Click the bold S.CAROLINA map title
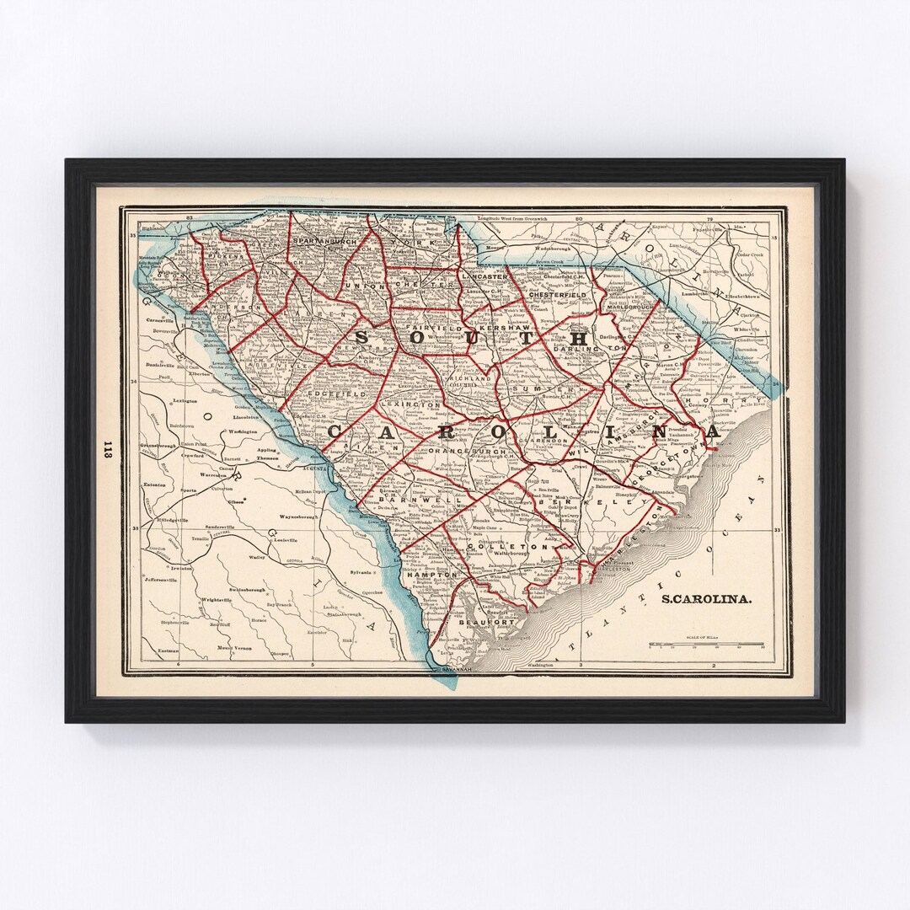tap(706, 600)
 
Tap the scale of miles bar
tap(706, 645)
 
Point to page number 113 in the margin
tap(107, 449)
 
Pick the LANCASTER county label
tap(483, 276)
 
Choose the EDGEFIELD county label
tap(336, 393)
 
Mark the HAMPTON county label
tap(431, 574)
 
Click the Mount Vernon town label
tap(233, 647)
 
